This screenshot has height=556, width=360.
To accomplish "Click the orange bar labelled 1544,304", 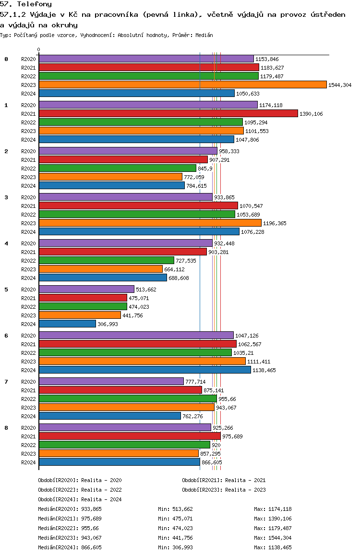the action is tap(183, 85).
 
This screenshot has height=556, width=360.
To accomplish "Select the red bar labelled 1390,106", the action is tap(168, 113).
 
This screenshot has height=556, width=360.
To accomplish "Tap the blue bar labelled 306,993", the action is tap(67, 324).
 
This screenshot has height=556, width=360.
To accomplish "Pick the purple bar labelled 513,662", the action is tap(86, 290).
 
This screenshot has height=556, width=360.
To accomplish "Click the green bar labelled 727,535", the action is tap(107, 261).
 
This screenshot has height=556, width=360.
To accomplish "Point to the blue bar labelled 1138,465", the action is tap(145, 370).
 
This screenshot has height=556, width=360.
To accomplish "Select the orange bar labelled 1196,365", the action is tap(150, 223).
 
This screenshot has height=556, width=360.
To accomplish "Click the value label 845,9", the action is tap(205, 169).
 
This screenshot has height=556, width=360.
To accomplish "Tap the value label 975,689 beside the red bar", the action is tap(232, 436).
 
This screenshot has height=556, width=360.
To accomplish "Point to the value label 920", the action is tap(216, 445).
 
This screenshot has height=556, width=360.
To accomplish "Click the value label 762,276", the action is tap(193, 416).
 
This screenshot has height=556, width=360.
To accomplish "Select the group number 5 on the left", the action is tap(6, 290).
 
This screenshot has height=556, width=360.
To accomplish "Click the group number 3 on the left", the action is tap(6, 197).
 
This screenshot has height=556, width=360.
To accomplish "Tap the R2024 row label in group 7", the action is tap(28, 416).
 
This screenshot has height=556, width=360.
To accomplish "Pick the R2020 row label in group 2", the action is tap(28, 151).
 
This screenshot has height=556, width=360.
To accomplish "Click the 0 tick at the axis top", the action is tap(38, 49).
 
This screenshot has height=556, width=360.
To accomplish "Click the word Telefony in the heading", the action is tap(35, 4).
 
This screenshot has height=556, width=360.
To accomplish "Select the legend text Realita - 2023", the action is tap(244, 490).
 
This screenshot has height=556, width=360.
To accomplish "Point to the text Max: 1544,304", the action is tap(273, 538).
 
